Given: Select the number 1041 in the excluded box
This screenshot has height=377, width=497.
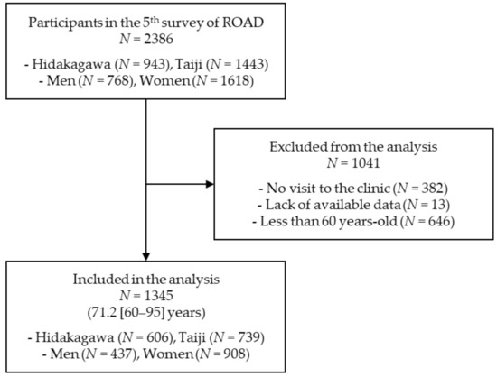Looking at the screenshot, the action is point(365,163).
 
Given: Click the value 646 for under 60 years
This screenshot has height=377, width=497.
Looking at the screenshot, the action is point(439,221).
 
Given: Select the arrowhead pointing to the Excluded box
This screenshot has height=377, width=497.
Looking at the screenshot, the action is point(210,184).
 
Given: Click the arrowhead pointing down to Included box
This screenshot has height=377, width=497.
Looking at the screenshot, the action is point(145,256).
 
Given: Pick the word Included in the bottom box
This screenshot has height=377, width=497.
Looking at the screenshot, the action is point(97,280).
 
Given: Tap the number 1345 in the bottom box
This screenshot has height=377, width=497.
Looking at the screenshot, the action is point(158,296).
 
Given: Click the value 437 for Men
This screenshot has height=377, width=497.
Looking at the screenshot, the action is point(121,354).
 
